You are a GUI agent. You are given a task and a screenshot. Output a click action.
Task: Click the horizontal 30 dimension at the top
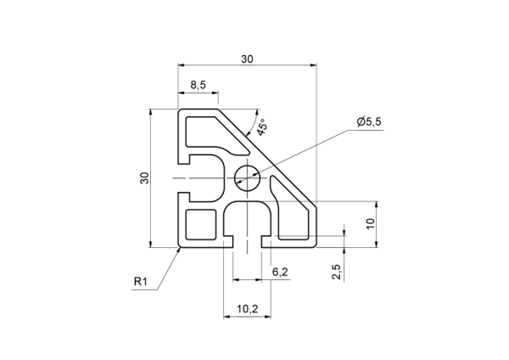click(x=247, y=59)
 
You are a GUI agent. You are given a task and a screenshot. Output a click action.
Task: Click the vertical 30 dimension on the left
click(x=144, y=177)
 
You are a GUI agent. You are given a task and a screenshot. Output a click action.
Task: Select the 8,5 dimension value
click(x=198, y=85)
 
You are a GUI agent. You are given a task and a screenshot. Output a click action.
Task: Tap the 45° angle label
click(x=261, y=127)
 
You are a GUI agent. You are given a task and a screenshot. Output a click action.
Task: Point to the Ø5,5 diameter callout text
click(x=369, y=121)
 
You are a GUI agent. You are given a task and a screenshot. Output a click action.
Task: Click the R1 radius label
click(x=141, y=281)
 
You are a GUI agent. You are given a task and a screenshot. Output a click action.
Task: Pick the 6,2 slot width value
click(x=280, y=272)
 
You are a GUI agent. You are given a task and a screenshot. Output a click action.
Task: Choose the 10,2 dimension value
click(x=248, y=309)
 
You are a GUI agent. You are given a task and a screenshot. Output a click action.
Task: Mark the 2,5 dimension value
click(x=336, y=272)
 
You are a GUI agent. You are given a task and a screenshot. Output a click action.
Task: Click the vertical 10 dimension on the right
click(x=371, y=223)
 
